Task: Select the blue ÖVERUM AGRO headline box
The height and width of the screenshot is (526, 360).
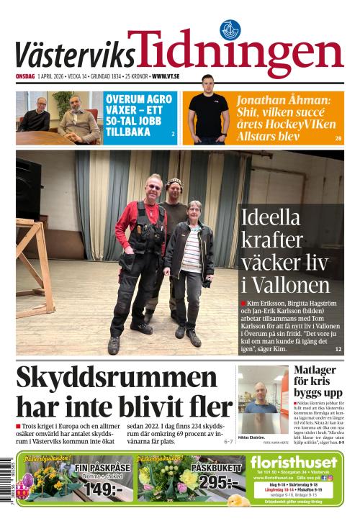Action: point(140,114)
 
